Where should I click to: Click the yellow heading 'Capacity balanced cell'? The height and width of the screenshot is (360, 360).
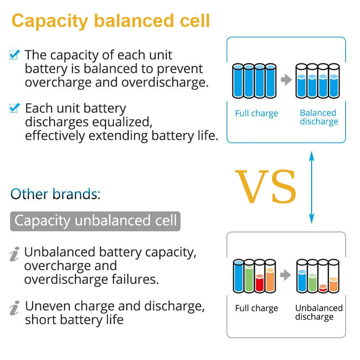click(x=111, y=21)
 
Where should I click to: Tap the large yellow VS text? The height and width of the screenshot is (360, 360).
click(x=266, y=187)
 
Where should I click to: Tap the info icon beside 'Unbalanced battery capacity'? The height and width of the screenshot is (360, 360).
click(x=14, y=254)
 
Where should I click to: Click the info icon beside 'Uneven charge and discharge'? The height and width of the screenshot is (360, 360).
click(x=14, y=308)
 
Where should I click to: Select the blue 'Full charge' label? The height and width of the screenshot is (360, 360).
click(x=256, y=114)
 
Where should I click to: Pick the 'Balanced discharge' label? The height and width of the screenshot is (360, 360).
click(x=319, y=117)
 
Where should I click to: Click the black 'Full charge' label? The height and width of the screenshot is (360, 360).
click(x=256, y=309)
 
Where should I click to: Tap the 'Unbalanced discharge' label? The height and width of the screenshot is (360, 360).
click(x=319, y=312)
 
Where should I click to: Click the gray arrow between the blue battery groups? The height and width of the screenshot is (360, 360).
click(x=286, y=80)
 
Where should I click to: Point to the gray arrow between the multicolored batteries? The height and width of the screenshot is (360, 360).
click(x=286, y=275)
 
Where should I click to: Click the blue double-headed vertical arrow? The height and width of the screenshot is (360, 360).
click(x=312, y=187)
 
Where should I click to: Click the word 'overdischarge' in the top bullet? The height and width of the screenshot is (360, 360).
click(x=165, y=82)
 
